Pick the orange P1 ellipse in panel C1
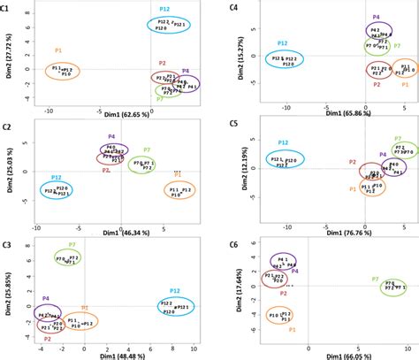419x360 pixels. point(56,71)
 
